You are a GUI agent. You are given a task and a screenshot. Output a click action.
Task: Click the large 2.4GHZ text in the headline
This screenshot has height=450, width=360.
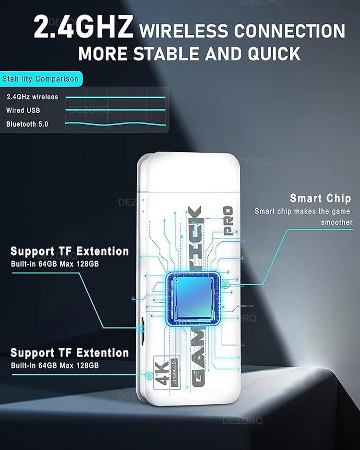click(83, 28)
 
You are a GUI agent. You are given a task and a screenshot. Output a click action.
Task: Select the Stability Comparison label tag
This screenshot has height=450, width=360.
click(40, 79)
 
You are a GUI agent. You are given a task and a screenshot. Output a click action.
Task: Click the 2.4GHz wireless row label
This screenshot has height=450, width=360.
click(32, 97)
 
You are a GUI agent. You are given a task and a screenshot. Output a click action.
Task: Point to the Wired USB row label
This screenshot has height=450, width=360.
click(23, 110)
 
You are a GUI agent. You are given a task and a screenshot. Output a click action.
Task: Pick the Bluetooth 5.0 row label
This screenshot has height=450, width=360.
click(27, 124)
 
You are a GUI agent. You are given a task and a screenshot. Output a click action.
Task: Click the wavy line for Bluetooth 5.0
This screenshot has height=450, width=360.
click(115, 125)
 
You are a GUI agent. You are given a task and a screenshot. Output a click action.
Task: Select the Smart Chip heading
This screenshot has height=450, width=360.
click(320, 198)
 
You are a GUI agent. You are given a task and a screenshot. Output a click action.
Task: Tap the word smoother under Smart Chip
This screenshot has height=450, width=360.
click(336, 222)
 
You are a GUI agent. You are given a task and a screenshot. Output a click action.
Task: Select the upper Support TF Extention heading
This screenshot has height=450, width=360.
click(70, 251)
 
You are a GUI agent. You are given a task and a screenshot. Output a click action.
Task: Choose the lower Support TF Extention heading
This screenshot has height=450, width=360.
click(70, 353)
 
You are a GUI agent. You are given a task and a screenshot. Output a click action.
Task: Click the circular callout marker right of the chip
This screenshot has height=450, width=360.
click(225, 284)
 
